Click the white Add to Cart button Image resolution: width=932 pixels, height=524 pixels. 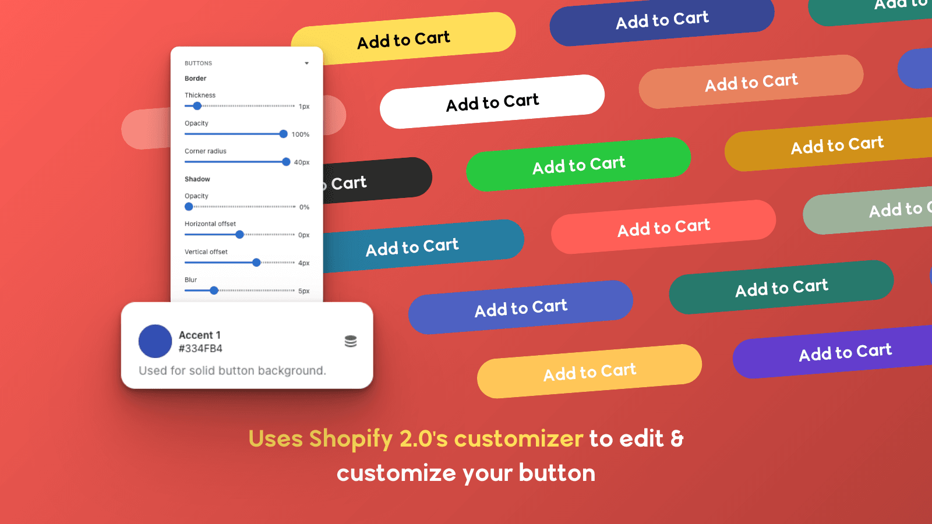pyautogui.click(x=492, y=101)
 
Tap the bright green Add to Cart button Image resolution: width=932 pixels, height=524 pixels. pyautogui.click(x=578, y=164)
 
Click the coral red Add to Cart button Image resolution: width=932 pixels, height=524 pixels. pyautogui.click(x=663, y=227)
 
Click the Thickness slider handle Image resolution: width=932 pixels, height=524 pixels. pyautogui.click(x=197, y=106)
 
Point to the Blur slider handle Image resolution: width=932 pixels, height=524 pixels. pyautogui.click(x=214, y=291)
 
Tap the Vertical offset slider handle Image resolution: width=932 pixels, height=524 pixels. pyautogui.click(x=256, y=263)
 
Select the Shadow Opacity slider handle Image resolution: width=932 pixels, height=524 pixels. pyautogui.click(x=189, y=207)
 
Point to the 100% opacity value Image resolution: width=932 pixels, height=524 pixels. pyautogui.click(x=301, y=134)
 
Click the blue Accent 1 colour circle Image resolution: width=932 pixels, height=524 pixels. pyautogui.click(x=155, y=341)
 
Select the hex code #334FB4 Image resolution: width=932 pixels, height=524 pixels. pyautogui.click(x=200, y=349)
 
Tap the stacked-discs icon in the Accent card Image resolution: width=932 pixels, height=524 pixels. pyautogui.click(x=351, y=341)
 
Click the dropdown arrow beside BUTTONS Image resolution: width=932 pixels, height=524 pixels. pyautogui.click(x=306, y=63)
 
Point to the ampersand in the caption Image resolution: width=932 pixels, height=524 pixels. pyautogui.click(x=677, y=439)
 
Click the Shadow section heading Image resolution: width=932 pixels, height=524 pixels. pyautogui.click(x=197, y=179)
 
